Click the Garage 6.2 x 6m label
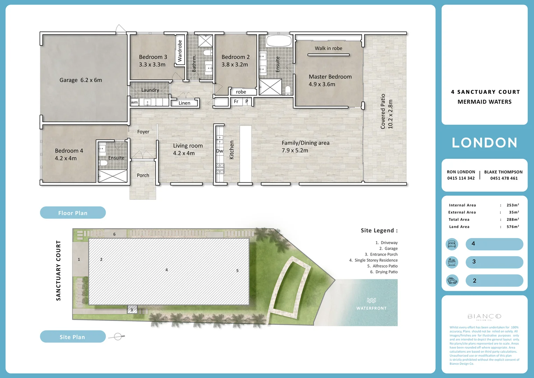point(81,80)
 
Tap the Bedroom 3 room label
point(153,57)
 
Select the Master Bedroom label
point(330,77)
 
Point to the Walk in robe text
point(328,48)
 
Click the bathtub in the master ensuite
point(279,41)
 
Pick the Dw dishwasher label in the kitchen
point(220,151)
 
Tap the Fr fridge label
point(236,101)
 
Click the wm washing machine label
point(134,102)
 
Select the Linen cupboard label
point(184,103)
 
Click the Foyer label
point(143,132)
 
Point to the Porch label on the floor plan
point(143,175)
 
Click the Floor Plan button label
point(73,213)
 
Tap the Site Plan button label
point(72,337)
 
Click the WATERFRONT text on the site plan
point(371,308)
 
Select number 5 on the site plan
point(237,271)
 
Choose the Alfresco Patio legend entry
point(382,266)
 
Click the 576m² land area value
point(513,227)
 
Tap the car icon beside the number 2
point(452,280)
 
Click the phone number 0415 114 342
point(461,178)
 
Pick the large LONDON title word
point(484,143)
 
